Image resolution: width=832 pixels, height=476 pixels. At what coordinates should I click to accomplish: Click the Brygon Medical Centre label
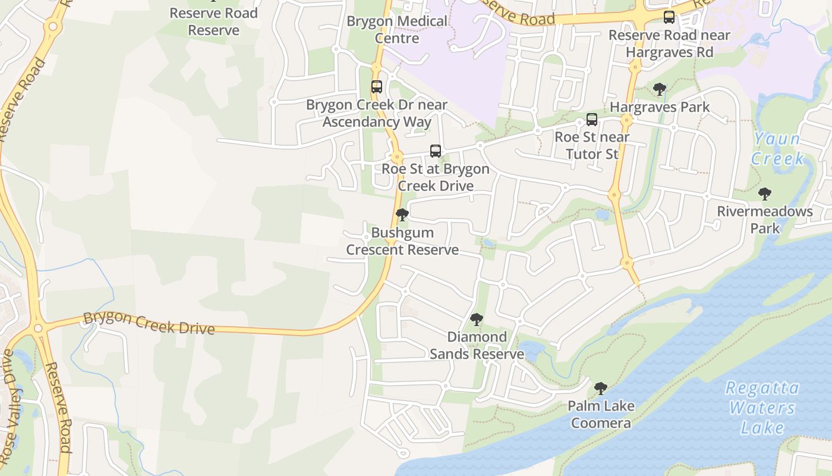[x=397, y=30]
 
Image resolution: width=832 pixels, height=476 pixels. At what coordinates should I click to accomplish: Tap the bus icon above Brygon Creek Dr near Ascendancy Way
[x=376, y=87]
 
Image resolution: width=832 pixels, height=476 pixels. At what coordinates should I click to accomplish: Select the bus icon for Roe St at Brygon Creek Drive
[x=436, y=151]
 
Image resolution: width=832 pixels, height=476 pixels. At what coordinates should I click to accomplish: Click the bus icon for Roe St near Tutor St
[x=591, y=120]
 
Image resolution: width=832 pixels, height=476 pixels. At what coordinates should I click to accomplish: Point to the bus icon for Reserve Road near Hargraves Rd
[x=669, y=17]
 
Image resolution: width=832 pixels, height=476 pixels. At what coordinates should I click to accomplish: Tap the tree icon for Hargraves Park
[x=659, y=90]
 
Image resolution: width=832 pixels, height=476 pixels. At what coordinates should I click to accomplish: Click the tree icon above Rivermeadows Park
[x=765, y=193]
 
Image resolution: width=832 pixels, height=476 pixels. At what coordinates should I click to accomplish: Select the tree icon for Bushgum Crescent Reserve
[x=402, y=215]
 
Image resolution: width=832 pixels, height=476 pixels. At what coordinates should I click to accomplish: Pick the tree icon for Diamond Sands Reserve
[x=477, y=320]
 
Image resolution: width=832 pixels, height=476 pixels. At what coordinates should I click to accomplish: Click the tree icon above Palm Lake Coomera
[x=601, y=389]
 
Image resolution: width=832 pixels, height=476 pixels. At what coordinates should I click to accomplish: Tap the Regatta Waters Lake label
[x=762, y=408]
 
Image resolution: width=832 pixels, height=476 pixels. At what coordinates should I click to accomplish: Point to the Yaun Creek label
[x=777, y=149]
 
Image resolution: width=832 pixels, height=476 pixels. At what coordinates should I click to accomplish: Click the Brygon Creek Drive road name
[x=149, y=322]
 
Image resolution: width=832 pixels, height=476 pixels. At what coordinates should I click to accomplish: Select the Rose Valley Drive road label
[x=8, y=405]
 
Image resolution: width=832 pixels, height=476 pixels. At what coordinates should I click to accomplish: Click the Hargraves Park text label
[x=660, y=108]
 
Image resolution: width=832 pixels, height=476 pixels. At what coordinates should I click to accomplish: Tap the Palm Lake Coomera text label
[x=601, y=415]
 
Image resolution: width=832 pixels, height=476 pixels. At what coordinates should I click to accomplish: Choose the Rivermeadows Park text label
[x=765, y=220]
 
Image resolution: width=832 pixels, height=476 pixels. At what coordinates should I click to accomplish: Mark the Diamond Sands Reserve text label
[x=477, y=346]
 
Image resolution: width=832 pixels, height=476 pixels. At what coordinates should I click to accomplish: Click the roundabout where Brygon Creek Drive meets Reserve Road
[x=38, y=328]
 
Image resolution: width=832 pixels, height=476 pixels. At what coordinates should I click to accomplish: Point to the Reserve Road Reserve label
[x=213, y=21]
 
